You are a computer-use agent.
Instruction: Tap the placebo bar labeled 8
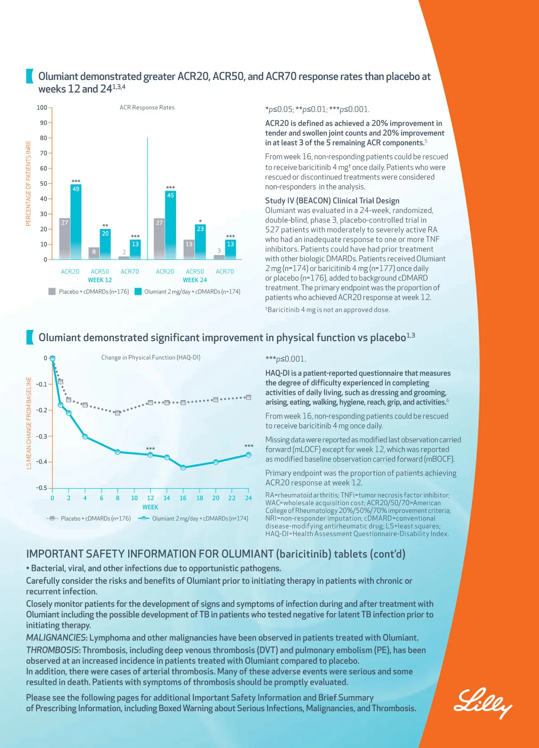[x=94, y=253]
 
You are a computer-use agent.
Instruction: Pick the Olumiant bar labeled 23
[x=200, y=242]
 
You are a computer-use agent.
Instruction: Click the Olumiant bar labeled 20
[x=105, y=244]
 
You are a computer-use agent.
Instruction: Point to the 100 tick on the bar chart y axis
[x=42, y=107]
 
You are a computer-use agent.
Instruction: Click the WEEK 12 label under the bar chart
[x=100, y=280]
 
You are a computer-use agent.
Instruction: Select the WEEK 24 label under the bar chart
[x=195, y=280]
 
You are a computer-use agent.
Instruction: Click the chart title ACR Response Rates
[x=147, y=107]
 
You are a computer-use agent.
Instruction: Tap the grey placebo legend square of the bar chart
[x=52, y=291]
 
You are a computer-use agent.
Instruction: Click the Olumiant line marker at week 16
[x=183, y=467]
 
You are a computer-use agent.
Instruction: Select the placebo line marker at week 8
[x=118, y=413]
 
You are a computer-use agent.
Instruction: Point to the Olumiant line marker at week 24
[x=248, y=455]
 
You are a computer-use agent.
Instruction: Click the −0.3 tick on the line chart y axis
[x=42, y=436]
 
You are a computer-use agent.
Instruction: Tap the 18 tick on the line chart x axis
[x=199, y=498]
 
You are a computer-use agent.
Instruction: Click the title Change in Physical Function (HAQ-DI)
[x=151, y=357]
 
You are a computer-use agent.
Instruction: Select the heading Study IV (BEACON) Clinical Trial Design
[x=332, y=200]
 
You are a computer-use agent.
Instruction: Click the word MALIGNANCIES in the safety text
[x=56, y=637]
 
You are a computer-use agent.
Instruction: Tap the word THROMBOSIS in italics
[x=53, y=650]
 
